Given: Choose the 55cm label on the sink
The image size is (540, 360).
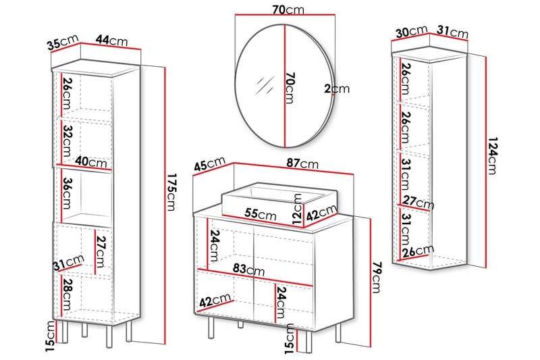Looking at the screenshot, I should (261, 214).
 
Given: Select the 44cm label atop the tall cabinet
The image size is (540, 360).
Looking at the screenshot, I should (112, 41).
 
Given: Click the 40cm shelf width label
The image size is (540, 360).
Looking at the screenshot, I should (91, 163).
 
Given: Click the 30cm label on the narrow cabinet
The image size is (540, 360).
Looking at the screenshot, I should (411, 32).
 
